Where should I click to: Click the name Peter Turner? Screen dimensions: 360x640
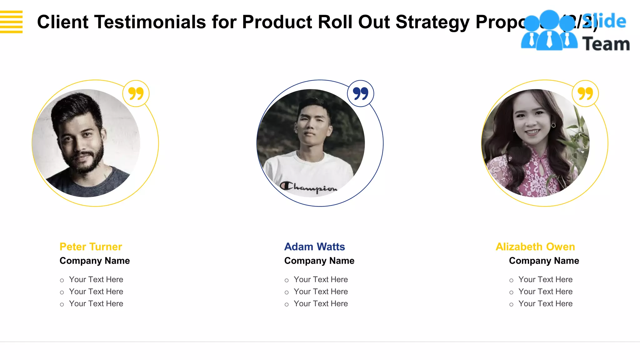[x=91, y=247]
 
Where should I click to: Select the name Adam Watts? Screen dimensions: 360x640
[x=314, y=247]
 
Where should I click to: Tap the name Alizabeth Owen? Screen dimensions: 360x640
[x=535, y=247]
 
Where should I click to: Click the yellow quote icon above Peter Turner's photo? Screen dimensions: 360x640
[x=136, y=93]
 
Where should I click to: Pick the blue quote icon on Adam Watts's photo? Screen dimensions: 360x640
[x=361, y=93]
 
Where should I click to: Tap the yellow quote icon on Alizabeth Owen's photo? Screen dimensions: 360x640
[x=585, y=93]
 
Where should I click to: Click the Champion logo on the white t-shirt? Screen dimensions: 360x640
[x=308, y=187]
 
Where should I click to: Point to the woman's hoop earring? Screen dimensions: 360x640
[x=553, y=126]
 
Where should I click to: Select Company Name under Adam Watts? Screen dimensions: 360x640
[x=319, y=261]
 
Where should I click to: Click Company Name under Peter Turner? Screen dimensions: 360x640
[x=94, y=261]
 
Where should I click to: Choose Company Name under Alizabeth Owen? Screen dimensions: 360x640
[x=544, y=261]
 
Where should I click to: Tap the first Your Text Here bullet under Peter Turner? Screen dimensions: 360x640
[x=96, y=279]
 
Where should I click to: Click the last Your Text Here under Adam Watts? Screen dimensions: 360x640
[x=321, y=303]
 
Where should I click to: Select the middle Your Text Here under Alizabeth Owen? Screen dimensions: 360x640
[x=545, y=292]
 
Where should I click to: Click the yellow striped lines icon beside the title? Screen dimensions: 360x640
[x=11, y=22]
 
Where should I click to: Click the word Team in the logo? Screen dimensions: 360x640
[x=606, y=44]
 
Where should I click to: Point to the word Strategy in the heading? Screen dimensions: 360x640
[x=432, y=22]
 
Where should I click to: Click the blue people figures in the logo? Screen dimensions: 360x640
[x=549, y=31]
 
